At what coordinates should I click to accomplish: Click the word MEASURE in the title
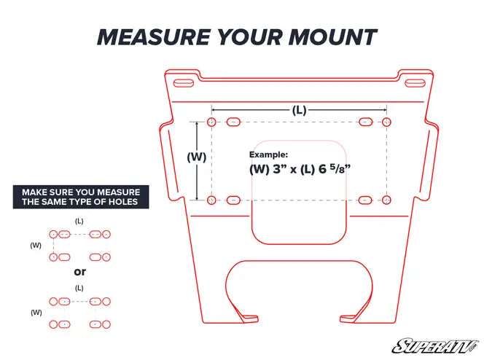(154, 37)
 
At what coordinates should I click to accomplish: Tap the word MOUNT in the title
(332, 37)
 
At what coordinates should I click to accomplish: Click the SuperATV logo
(436, 346)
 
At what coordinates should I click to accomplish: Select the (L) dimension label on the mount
(299, 110)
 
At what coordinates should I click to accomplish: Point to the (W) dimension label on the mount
(197, 157)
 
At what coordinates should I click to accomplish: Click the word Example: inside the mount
(268, 154)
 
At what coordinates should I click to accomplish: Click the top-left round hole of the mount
(211, 122)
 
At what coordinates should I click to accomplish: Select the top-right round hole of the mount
(386, 122)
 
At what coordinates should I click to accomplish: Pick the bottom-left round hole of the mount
(211, 200)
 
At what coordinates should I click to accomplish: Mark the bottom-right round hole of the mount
(386, 200)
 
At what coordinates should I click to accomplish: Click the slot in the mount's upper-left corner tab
(184, 83)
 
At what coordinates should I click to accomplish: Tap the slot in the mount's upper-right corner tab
(415, 83)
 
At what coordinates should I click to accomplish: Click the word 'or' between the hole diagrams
(80, 272)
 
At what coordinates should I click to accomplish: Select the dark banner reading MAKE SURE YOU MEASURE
(81, 197)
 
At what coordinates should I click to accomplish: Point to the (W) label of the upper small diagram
(36, 246)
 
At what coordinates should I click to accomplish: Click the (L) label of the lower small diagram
(79, 288)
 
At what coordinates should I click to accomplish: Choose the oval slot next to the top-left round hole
(233, 122)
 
